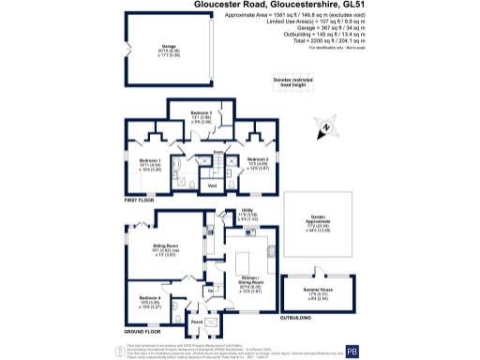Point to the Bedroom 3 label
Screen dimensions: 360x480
pyautogui.click(x=201, y=112)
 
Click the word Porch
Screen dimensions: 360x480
pyautogui.click(x=197, y=322)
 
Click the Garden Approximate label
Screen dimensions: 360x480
pyautogui.click(x=323, y=221)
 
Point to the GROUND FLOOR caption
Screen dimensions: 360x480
pyautogui.click(x=142, y=331)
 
